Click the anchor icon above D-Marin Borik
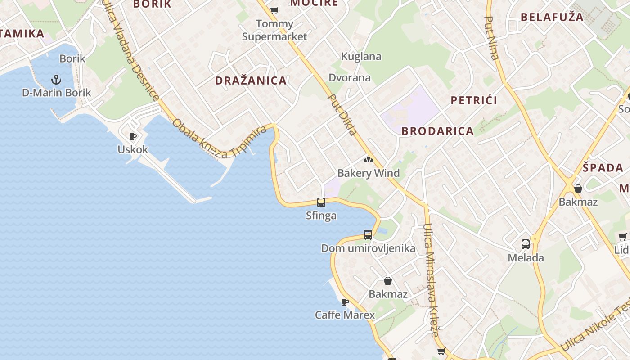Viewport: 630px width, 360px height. (56, 80)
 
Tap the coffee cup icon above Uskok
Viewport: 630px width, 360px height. (133, 136)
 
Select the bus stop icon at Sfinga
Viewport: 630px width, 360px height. (321, 202)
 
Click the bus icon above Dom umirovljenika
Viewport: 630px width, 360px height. (368, 235)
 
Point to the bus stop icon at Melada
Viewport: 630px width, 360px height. (526, 244)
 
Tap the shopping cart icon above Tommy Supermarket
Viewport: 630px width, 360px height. (274, 10)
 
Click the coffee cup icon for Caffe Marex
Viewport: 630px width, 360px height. (345, 302)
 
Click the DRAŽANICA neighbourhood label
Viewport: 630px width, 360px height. (251, 81)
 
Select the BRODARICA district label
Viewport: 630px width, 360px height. (437, 131)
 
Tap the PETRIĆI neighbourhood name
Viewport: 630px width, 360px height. (474, 100)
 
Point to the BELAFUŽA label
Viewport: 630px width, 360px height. (552, 17)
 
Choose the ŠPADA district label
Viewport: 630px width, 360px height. (603, 168)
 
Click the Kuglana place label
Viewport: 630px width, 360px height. (361, 57)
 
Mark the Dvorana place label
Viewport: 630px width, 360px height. (350, 78)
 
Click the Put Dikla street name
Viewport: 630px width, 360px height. (342, 114)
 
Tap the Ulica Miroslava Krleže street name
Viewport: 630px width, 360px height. (431, 279)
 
